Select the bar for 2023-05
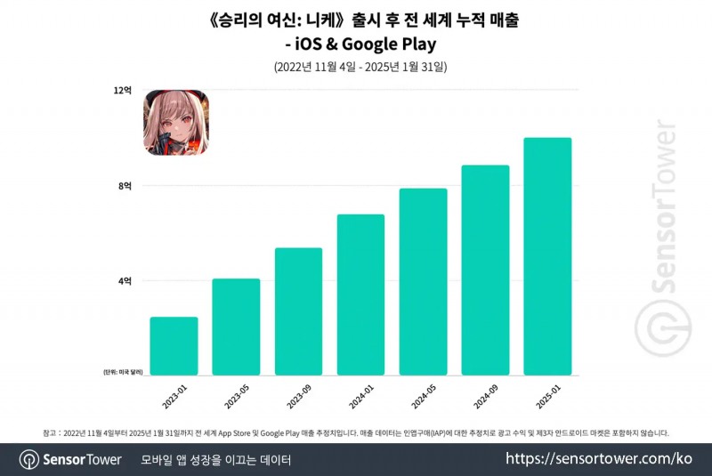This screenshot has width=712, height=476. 236,327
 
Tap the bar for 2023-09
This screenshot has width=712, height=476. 298,311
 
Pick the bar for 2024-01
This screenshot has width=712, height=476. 360,294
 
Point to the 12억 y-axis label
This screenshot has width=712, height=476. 123,90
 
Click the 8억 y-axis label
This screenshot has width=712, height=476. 125,186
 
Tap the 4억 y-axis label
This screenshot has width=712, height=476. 125,281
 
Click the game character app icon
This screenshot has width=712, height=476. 176,122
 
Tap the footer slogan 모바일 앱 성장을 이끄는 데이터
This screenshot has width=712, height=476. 216,459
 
